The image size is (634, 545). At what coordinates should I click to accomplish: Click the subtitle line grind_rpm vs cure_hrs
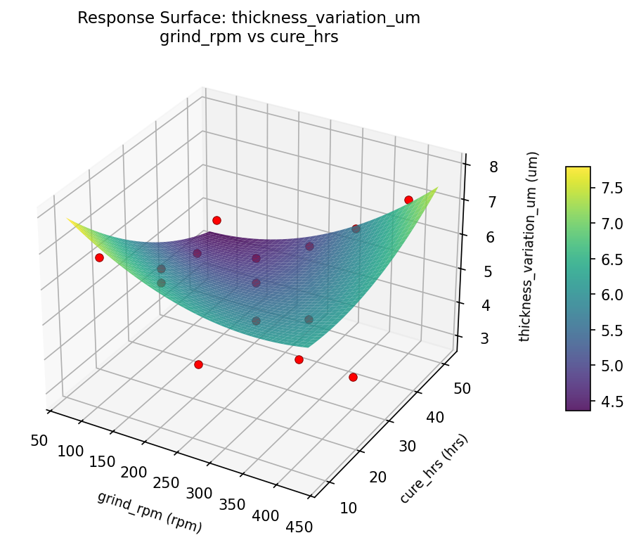[x=249, y=37]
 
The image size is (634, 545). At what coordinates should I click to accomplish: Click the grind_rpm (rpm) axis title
[x=150, y=512]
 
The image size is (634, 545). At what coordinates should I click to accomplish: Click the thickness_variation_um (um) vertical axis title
[x=533, y=246]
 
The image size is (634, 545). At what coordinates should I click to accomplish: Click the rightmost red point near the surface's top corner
[x=408, y=200]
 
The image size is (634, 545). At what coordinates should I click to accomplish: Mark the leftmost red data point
[x=99, y=258]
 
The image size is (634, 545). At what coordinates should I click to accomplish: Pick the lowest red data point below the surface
[x=353, y=377]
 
